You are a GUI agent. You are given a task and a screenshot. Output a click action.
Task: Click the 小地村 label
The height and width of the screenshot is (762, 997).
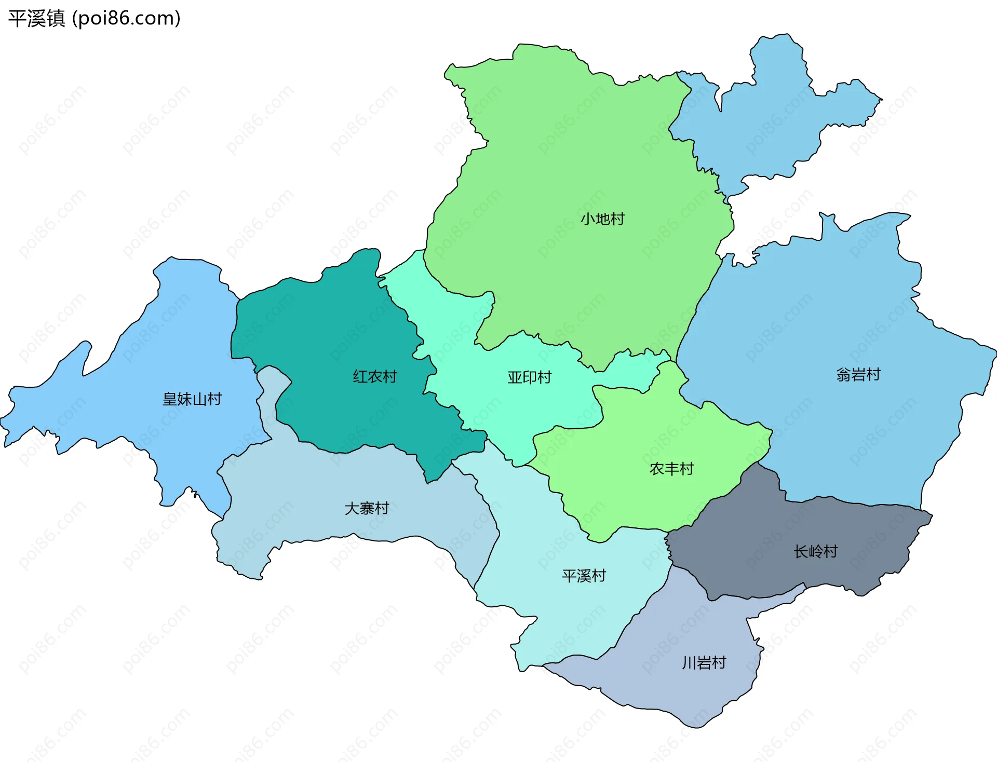pyautogui.click(x=602, y=219)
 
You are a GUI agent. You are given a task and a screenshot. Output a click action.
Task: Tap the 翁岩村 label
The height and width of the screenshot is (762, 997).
pyautogui.click(x=858, y=374)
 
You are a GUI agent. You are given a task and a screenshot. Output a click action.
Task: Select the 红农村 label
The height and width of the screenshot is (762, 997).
pyautogui.click(x=374, y=376)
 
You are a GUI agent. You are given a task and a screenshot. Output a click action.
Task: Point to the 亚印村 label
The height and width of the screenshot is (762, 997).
pyautogui.click(x=529, y=377)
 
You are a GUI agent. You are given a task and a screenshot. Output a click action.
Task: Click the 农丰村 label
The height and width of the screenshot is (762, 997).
pyautogui.click(x=671, y=469)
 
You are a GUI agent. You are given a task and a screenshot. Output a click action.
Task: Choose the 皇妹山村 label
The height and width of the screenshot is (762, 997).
pyautogui.click(x=192, y=399)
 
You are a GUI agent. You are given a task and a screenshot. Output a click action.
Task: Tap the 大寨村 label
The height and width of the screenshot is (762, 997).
pyautogui.click(x=367, y=508)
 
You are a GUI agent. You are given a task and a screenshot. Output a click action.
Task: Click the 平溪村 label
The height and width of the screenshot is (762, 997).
pyautogui.click(x=584, y=576)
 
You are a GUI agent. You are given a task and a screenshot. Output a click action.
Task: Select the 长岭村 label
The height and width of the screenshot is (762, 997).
pyautogui.click(x=815, y=551)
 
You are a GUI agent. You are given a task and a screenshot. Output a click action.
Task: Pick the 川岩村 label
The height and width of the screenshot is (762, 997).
pyautogui.click(x=704, y=663)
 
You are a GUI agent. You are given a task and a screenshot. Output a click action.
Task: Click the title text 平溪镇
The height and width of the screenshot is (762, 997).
pyautogui.click(x=36, y=18)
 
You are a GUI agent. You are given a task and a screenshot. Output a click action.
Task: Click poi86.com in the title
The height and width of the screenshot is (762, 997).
pyautogui.click(x=126, y=18)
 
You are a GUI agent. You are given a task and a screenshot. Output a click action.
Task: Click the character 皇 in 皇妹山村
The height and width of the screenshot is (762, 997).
pyautogui.click(x=170, y=399)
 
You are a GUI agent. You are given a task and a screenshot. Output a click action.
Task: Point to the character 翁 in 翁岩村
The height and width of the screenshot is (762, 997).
pyautogui.click(x=843, y=374)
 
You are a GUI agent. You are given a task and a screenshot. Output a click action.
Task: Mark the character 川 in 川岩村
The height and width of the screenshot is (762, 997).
pyautogui.click(x=689, y=663)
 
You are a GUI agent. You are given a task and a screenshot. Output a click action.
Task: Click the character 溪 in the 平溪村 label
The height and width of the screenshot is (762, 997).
pyautogui.click(x=584, y=576)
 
